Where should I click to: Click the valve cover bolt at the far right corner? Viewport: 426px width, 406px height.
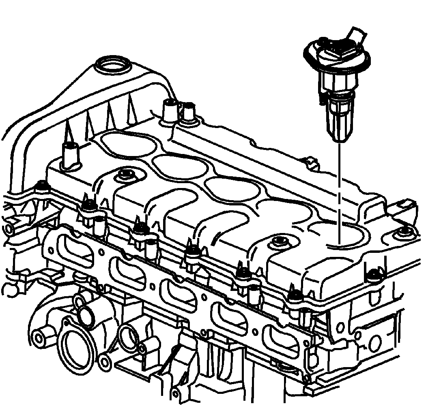pos(404,232)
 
